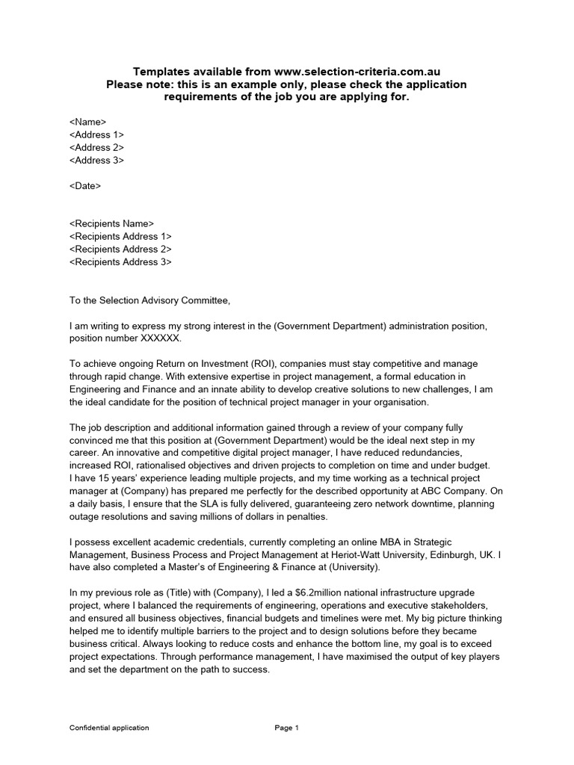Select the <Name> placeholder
[x=87, y=121]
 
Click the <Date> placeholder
[x=84, y=185]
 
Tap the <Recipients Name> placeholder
[x=111, y=223]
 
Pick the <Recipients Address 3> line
[x=120, y=261]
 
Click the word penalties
[x=305, y=516]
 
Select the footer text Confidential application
[x=109, y=728]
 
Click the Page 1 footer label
[x=287, y=728]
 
